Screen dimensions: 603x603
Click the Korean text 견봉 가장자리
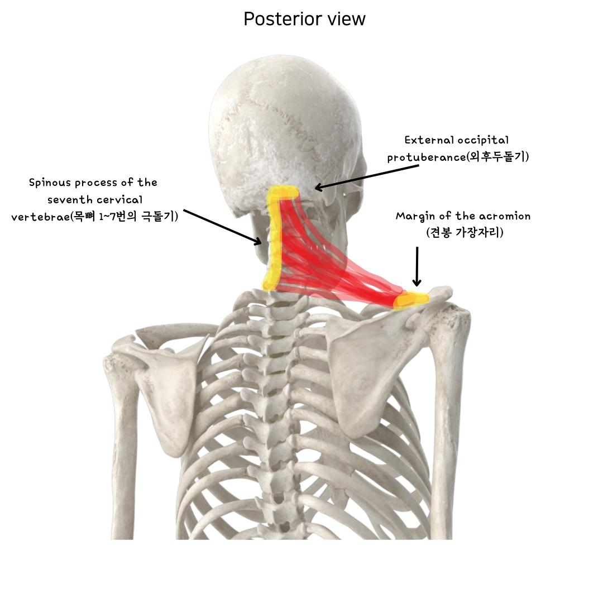pyautogui.click(x=465, y=233)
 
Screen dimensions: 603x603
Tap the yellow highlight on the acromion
pyautogui.click(x=411, y=300)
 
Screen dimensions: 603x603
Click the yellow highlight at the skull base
pyautogui.click(x=283, y=194)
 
